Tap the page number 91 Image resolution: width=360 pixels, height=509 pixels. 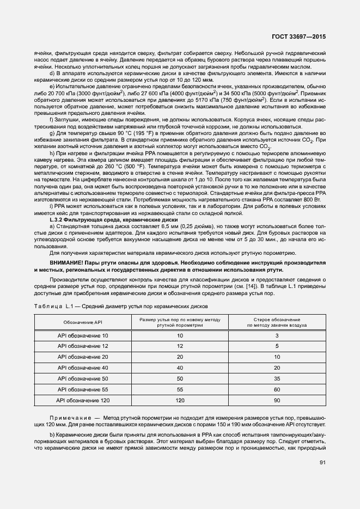pos(322,463)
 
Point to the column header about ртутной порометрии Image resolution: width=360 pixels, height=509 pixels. pos(180,322)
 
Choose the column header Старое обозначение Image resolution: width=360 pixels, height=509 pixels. pos(277,322)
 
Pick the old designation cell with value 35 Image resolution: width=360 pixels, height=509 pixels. pos(277,378)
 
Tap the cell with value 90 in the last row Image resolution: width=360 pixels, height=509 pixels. pos(277,400)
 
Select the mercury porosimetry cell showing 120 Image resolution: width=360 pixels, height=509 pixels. pos(180,400)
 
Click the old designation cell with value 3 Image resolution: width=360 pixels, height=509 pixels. pos(277,335)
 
